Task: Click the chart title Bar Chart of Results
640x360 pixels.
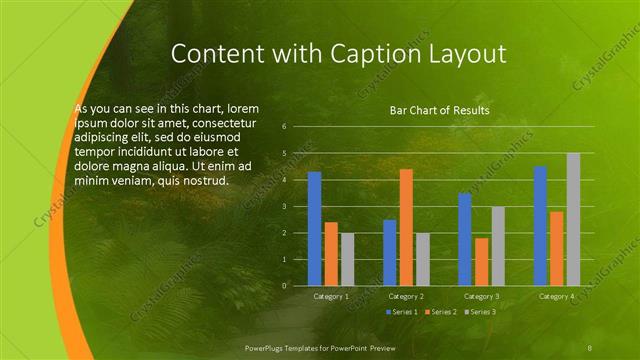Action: [x=440, y=110]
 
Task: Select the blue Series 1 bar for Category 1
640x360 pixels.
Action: [x=314, y=228]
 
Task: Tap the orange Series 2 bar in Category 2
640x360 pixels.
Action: [x=406, y=227]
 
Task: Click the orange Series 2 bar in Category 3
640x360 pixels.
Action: [x=482, y=261]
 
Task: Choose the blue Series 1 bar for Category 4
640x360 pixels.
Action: [x=540, y=225]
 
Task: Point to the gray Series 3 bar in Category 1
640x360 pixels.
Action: [x=347, y=259]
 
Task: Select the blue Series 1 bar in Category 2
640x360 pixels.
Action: [x=389, y=252]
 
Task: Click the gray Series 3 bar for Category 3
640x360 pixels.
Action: [x=498, y=246]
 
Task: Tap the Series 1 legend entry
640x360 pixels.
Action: [x=402, y=312]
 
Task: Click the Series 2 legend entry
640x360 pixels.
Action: [x=441, y=312]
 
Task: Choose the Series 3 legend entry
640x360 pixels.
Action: [x=480, y=312]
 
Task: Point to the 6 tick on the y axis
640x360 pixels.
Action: [x=285, y=127]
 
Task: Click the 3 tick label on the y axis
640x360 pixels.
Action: [x=285, y=206]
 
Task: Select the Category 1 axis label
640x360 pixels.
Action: [x=331, y=296]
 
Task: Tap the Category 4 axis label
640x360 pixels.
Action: [x=556, y=296]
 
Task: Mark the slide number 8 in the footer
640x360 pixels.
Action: [x=590, y=346]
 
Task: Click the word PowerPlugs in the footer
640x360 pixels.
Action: [x=268, y=346]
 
